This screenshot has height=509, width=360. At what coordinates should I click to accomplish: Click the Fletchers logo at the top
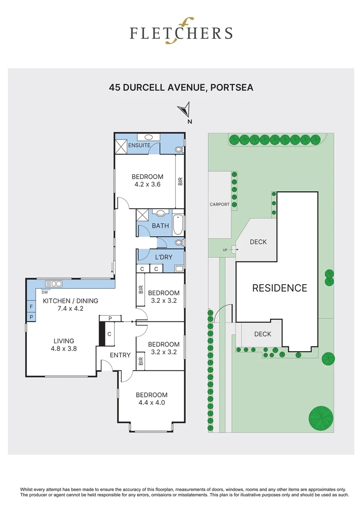(181, 33)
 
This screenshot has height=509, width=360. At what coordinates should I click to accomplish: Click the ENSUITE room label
(139, 145)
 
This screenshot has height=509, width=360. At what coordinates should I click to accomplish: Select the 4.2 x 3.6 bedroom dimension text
(147, 184)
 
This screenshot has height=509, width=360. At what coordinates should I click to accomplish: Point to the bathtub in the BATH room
(179, 225)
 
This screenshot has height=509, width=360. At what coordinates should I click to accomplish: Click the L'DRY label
(164, 257)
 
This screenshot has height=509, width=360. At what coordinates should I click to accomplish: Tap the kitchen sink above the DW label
(54, 284)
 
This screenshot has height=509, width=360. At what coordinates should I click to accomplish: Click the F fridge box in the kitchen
(31, 307)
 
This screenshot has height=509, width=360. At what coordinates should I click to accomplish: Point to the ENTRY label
(120, 355)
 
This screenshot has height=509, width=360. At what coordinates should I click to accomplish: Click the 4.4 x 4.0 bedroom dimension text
(152, 403)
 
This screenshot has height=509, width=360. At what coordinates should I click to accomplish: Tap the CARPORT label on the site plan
(220, 205)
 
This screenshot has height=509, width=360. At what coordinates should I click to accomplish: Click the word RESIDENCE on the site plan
(279, 288)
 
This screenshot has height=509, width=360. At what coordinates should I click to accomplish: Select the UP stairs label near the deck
(225, 250)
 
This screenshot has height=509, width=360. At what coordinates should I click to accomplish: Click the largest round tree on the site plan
(321, 418)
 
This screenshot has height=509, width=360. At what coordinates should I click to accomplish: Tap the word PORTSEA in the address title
(232, 87)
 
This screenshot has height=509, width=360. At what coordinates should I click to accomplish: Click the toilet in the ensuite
(179, 150)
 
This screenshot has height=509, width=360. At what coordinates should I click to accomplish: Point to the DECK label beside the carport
(258, 242)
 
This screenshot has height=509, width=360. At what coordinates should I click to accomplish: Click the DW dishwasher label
(44, 292)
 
